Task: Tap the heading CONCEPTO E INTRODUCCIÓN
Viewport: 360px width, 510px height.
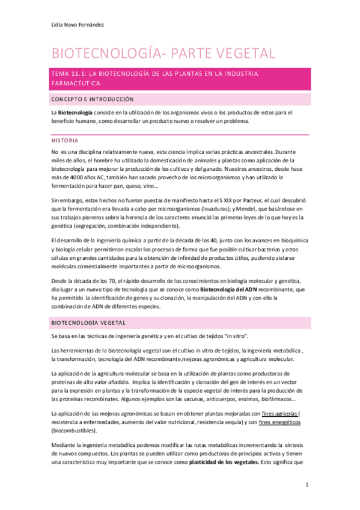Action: pyautogui.click(x=93, y=99)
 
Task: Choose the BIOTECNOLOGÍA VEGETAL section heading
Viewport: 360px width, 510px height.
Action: pyautogui.click(x=90, y=322)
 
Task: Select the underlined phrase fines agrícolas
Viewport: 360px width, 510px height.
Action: pyautogui.click(x=280, y=414)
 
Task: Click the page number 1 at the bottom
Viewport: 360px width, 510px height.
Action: pyautogui.click(x=307, y=484)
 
